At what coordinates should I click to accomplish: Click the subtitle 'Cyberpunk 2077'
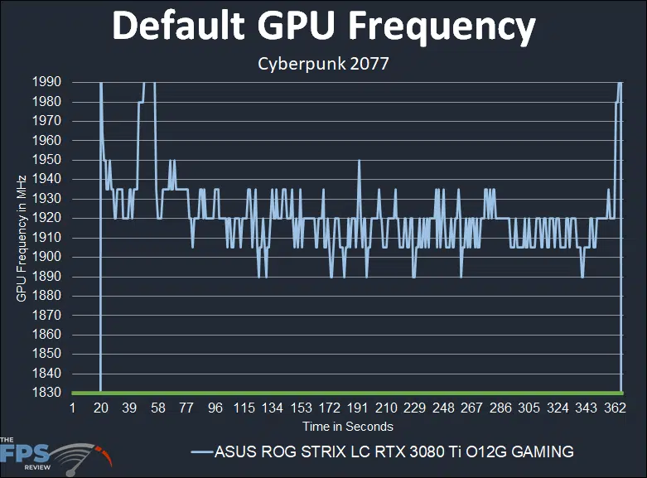click(323, 63)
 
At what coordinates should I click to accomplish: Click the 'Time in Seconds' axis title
click(347, 427)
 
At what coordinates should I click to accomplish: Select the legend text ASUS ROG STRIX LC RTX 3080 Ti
click(394, 451)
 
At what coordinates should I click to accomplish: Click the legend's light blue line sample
click(201, 452)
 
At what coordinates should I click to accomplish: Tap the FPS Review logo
click(54, 454)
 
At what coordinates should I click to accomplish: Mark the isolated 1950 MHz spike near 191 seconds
click(359, 161)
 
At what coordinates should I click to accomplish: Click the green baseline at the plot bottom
click(347, 392)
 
